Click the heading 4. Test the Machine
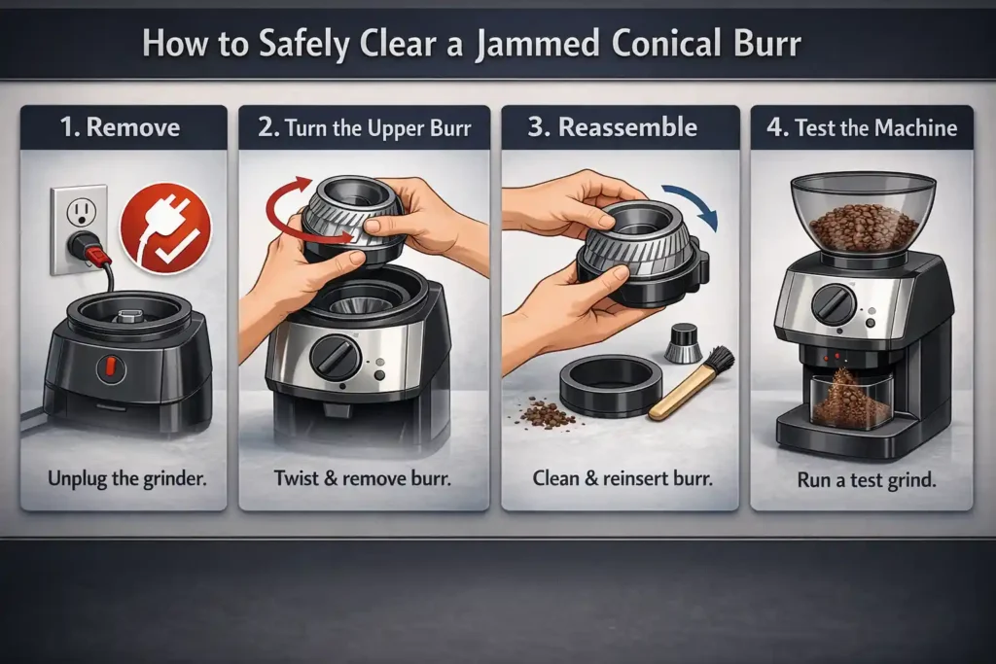pyautogui.click(x=862, y=127)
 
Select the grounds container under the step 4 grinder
pyautogui.click(x=851, y=400)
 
